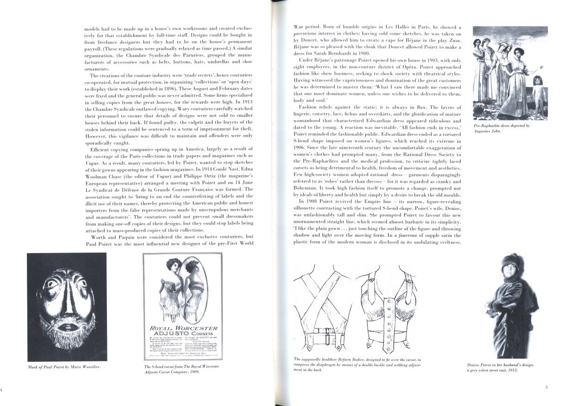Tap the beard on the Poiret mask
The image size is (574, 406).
point(66,333)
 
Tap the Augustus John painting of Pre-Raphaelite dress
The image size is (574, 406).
point(509,73)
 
